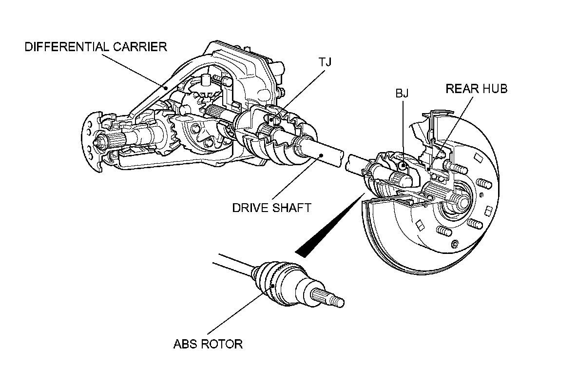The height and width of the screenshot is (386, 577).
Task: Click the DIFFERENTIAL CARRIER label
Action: [96, 47]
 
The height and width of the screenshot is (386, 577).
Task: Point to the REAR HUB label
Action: [477, 89]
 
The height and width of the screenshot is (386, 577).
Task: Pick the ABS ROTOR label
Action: [208, 344]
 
